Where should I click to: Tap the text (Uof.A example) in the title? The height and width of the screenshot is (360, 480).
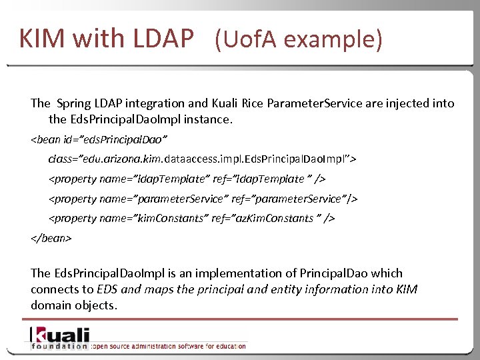pyautogui.click(x=299, y=40)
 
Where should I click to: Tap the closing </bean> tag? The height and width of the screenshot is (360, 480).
pyautogui.click(x=51, y=237)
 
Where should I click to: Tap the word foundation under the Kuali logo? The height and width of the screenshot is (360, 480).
pyautogui.click(x=59, y=346)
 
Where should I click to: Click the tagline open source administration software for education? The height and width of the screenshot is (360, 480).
pyautogui.click(x=169, y=346)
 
